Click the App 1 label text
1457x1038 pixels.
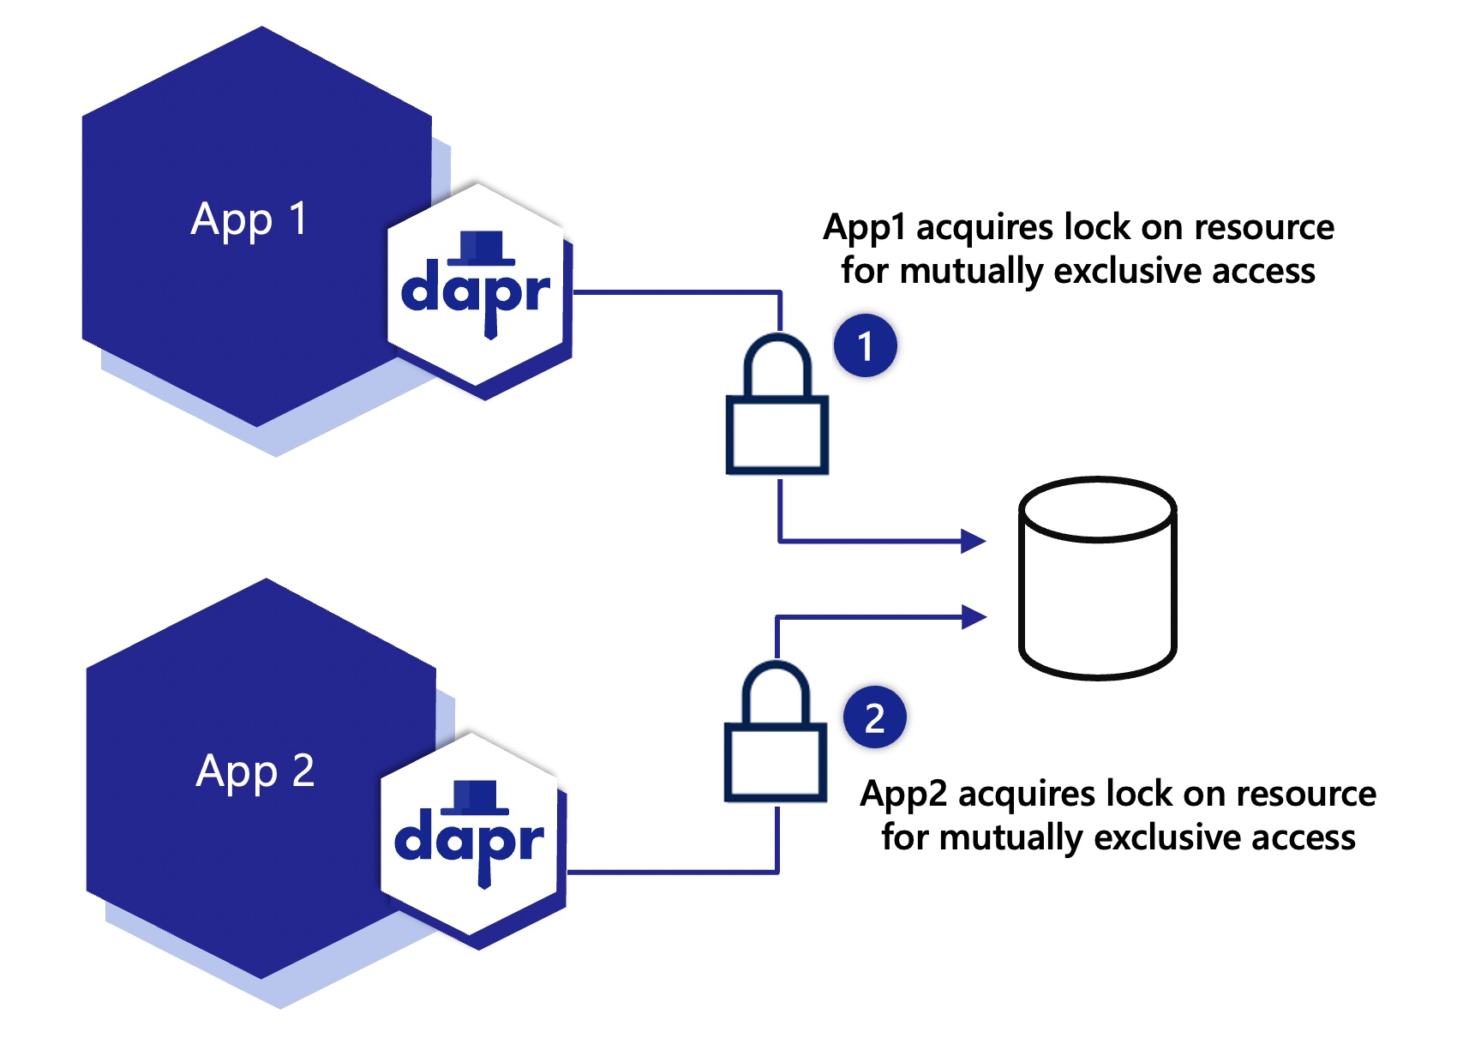(x=249, y=220)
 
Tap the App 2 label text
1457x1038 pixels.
(x=255, y=772)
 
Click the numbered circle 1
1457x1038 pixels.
(x=866, y=346)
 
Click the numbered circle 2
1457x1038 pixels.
(x=874, y=718)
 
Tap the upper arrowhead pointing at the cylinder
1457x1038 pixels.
(x=974, y=541)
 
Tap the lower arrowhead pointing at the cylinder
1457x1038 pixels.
(x=974, y=616)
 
